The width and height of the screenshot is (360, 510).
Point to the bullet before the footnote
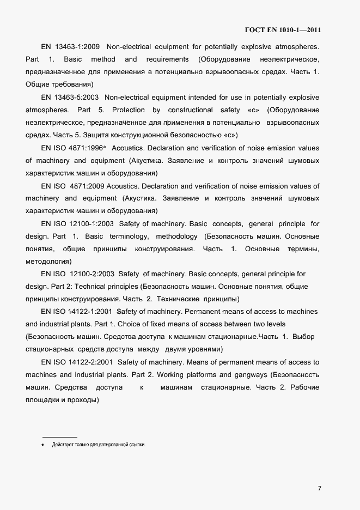click(43, 445)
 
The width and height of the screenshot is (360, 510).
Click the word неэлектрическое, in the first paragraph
click(295, 59)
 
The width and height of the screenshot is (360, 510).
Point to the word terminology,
click(129, 236)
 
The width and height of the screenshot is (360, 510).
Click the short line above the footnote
click(60, 436)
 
